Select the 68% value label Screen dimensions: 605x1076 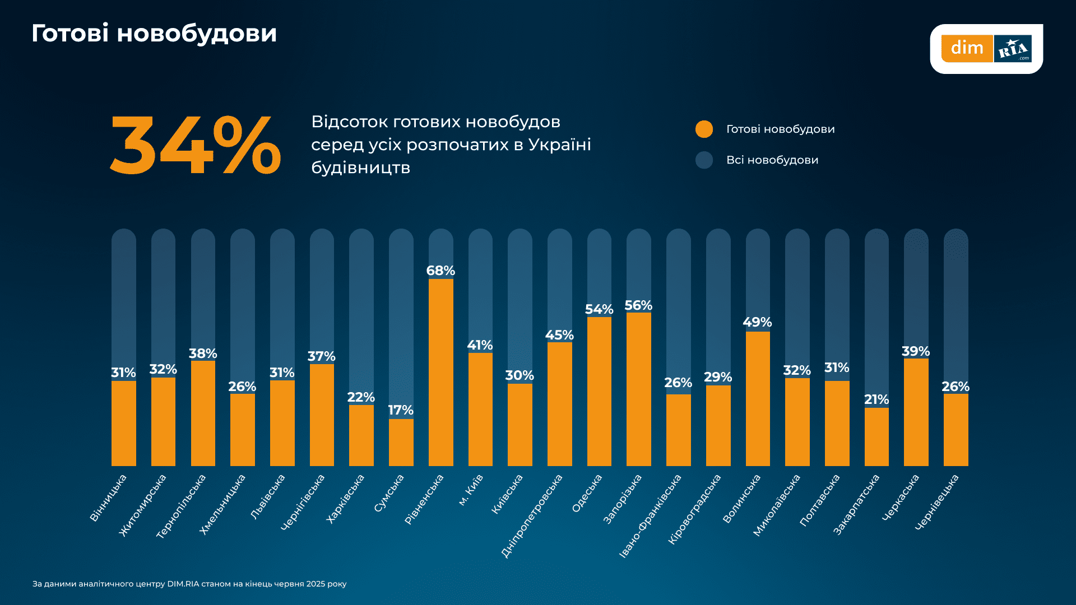pos(440,271)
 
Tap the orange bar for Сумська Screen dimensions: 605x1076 pos(401,443)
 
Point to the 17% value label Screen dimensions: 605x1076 pos(401,410)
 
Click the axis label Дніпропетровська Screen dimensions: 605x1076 pos(532,516)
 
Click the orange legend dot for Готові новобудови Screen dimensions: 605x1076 pos(704,129)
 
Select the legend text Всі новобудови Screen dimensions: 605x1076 pos(772,160)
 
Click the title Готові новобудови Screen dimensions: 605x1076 pos(154,34)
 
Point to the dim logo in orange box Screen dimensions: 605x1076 pos(967,48)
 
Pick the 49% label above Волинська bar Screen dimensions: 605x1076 pos(757,322)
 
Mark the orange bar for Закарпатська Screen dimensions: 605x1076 pos(876,437)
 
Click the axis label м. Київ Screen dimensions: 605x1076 pos(471,490)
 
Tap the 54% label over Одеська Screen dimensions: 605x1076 pos(599,309)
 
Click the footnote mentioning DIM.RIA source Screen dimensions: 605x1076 pos(189,584)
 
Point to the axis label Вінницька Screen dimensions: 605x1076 pos(108,498)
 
